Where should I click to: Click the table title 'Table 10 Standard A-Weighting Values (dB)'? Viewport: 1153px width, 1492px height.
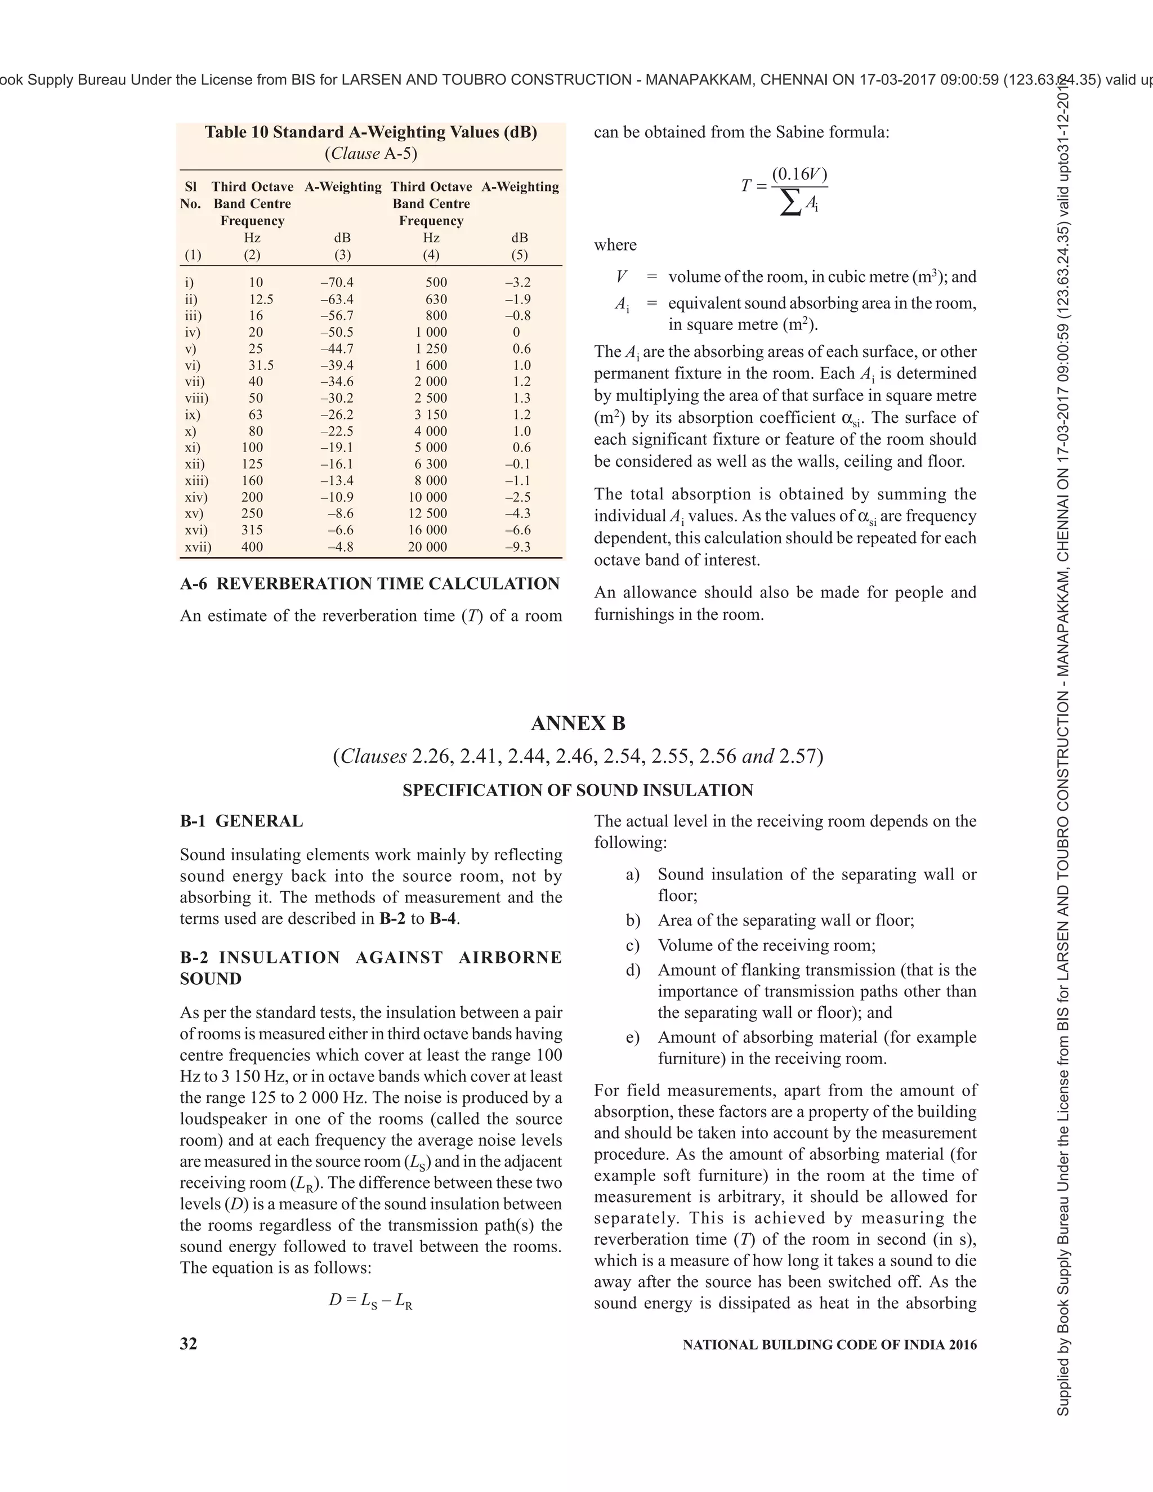pos(371,132)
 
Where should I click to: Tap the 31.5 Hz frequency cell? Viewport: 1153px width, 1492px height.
pos(260,365)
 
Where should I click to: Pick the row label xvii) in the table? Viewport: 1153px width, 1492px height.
pos(198,547)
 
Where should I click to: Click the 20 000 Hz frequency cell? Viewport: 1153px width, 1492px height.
pos(428,547)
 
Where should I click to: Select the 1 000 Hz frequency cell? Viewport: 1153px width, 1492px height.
pos(431,332)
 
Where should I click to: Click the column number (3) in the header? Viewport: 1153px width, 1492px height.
pos(342,255)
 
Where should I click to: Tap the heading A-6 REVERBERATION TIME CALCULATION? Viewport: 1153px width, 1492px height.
pos(369,583)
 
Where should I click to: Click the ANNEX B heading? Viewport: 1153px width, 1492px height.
pos(577,723)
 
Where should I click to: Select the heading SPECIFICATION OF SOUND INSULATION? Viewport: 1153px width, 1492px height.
pos(577,790)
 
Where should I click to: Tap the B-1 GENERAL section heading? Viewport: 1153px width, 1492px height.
pos(241,821)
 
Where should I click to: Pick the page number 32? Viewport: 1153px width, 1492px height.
pos(189,1344)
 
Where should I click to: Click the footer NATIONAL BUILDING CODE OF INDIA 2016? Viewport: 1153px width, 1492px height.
pos(829,1345)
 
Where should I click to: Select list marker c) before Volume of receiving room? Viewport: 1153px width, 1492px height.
pos(632,945)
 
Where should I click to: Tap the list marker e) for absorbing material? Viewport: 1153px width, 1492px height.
pos(632,1038)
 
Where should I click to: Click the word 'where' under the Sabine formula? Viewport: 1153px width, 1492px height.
pos(615,245)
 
